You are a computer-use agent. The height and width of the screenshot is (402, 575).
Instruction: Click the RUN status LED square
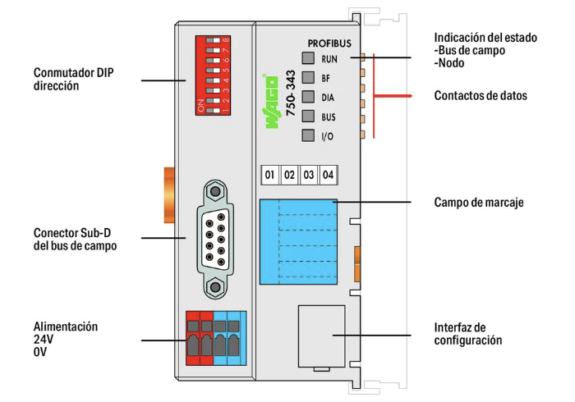[308, 58]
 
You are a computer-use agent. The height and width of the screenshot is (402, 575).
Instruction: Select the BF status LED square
[308, 78]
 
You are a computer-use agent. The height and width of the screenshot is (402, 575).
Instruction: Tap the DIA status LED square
[308, 98]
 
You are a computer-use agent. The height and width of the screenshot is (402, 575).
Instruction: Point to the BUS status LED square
[308, 117]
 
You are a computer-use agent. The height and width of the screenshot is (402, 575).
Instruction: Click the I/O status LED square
[308, 136]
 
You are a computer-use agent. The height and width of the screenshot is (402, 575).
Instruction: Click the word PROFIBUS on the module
[329, 42]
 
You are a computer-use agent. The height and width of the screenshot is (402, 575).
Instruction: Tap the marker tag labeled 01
[269, 175]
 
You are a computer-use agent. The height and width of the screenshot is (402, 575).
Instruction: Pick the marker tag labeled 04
[328, 175]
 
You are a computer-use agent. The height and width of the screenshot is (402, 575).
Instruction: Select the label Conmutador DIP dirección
[72, 79]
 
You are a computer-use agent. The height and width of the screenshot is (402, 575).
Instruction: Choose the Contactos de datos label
[481, 96]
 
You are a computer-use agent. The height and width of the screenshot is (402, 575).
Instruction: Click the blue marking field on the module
[297, 240]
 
